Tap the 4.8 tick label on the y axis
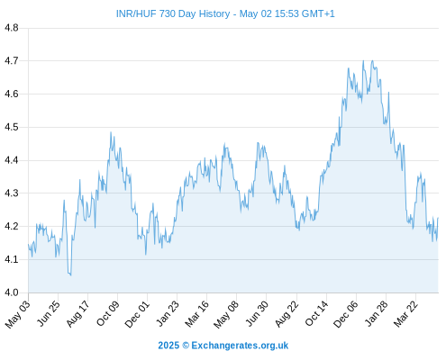12,28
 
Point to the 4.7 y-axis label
12,61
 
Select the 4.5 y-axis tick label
12,127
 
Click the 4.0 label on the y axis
12,292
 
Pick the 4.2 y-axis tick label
12,226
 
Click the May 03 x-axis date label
18,314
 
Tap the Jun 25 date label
49,313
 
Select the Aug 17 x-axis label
77,313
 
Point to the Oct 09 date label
108,313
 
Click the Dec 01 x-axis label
137,314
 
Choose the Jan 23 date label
168,313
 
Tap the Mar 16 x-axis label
196,313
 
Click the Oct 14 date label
317,313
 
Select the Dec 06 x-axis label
346,314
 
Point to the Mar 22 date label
405,313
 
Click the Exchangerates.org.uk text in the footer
240,346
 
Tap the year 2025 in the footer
168,346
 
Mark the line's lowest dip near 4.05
70,275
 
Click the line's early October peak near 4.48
111,132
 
